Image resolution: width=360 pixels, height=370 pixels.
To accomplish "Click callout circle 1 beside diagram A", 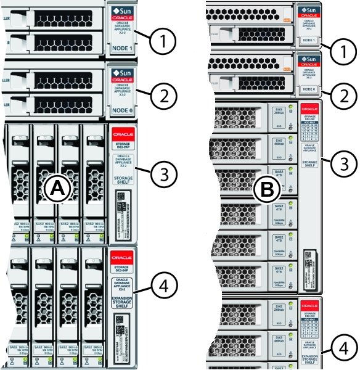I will pos(162,42).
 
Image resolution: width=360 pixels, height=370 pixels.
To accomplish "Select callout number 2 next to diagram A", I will pos(162,96).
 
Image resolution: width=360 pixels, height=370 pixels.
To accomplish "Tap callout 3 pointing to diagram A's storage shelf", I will pos(162,173).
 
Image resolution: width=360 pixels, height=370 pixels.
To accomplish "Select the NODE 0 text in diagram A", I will pos(121,111).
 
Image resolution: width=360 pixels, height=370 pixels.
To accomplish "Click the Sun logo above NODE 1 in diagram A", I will pos(121,10).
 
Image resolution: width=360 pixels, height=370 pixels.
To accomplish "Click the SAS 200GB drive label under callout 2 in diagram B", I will pos(278,111).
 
